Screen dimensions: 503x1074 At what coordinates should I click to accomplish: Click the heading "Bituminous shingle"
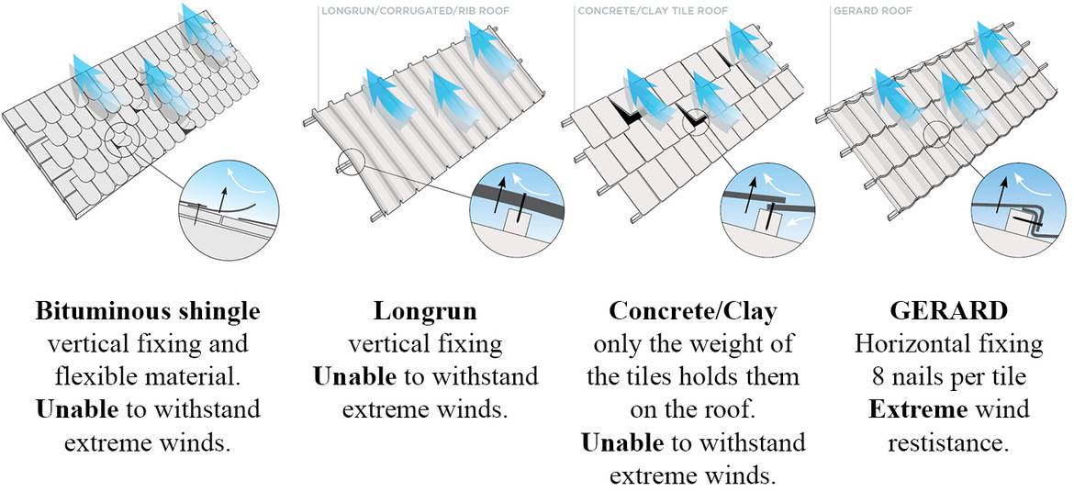[147, 311]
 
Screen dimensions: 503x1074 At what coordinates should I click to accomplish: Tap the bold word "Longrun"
[425, 311]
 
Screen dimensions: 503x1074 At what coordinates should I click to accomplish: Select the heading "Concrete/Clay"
[693, 311]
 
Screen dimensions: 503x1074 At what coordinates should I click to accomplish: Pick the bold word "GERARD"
[948, 311]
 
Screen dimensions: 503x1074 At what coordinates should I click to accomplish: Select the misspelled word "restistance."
[948, 442]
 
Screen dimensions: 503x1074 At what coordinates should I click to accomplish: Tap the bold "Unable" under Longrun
[354, 377]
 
